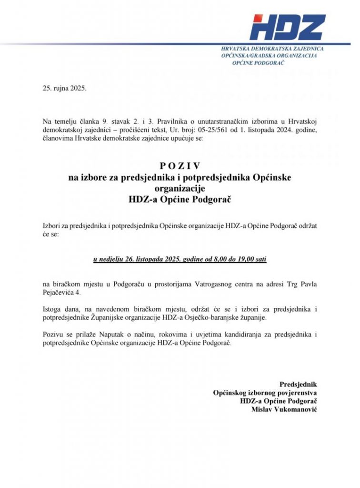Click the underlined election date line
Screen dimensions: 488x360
tap(180, 260)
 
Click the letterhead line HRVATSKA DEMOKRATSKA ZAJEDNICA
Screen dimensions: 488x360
tap(273, 49)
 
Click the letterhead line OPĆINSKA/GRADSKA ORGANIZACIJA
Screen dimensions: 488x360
tap(269, 56)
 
